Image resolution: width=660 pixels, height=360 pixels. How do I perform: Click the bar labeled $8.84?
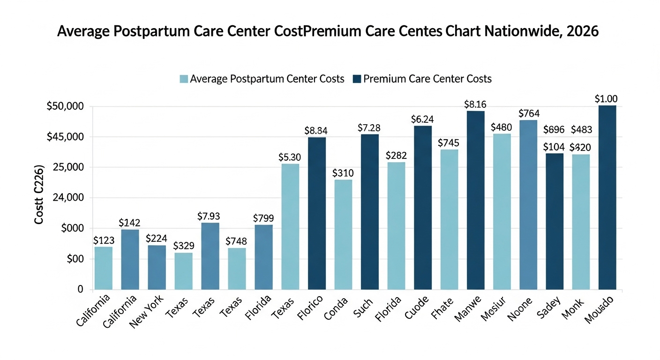coord(317,213)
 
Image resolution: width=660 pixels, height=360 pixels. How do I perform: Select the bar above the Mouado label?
coord(607,197)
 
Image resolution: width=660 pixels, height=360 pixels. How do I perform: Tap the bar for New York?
coord(157,267)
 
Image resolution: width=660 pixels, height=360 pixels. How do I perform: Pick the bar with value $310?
coord(343,234)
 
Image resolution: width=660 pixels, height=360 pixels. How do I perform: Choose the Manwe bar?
coord(475,200)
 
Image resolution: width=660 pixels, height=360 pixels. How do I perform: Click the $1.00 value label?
coord(606,99)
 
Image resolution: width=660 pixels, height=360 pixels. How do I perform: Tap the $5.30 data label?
coord(289,157)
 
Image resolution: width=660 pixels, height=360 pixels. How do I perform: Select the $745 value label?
coord(449,143)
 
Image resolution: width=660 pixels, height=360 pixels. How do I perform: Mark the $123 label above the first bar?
coord(104,240)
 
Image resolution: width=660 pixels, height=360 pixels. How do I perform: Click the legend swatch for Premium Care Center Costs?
coord(358,79)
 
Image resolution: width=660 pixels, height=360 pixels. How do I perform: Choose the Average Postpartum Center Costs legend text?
coord(267,79)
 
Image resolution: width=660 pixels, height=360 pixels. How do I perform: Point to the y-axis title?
coord(39,194)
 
